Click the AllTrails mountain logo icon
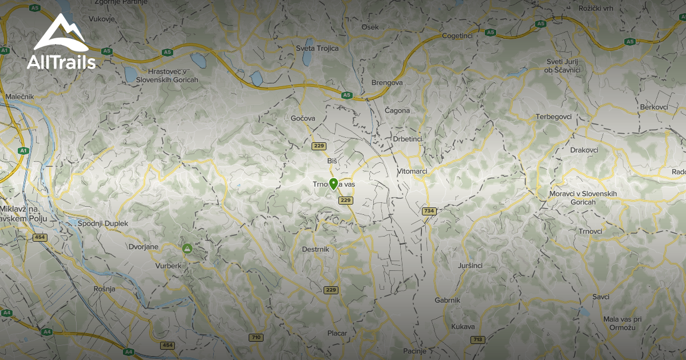[61, 34]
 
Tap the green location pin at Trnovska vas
[333, 184]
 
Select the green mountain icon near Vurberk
[187, 249]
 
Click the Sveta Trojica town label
[317, 49]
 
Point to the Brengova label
[387, 83]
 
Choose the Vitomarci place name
[412, 171]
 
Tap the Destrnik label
[315, 250]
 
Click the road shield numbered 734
[429, 211]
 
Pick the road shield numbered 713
[477, 339]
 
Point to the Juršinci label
[470, 266]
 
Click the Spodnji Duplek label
[103, 223]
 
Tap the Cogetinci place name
[457, 36]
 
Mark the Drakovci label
[584, 150]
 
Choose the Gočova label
[303, 118]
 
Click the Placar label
[337, 333]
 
